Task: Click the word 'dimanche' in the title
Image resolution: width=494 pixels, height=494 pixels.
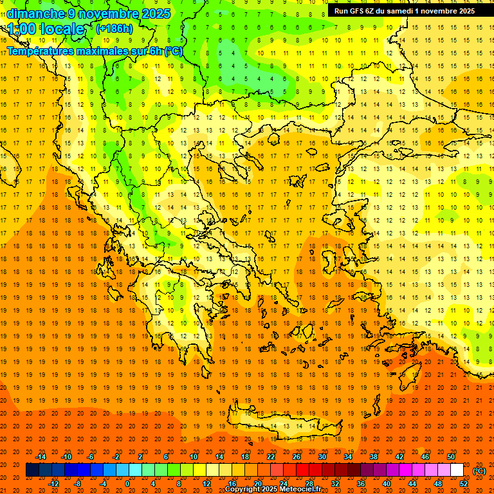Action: click(36, 13)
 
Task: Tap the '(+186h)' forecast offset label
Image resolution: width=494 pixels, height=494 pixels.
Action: click(114, 28)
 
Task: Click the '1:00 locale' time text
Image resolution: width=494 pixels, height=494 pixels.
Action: click(46, 29)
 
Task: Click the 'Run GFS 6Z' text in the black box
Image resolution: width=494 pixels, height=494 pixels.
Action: click(354, 11)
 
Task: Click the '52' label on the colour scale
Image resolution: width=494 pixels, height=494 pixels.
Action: click(463, 483)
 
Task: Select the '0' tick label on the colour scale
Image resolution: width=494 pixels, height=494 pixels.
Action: click(128, 483)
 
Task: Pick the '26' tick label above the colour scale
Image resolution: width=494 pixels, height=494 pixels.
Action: click(297, 457)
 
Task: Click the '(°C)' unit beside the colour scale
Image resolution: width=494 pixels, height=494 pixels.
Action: click(479, 471)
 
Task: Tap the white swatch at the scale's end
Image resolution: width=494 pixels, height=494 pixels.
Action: click(457, 470)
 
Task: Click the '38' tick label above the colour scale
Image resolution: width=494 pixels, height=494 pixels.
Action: click(374, 457)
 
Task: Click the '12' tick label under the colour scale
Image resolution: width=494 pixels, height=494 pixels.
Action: click(206, 483)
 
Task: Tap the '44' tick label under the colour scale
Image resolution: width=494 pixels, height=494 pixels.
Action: click(412, 483)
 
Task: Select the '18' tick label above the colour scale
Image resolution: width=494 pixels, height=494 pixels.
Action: click(245, 457)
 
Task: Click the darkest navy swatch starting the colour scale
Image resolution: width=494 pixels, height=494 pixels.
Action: click(32, 470)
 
